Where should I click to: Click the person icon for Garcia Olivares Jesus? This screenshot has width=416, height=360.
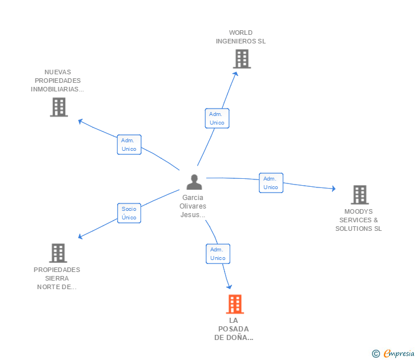pos(194,182)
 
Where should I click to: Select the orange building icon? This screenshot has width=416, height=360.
pos(235,304)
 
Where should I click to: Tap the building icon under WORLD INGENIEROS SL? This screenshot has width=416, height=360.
pos(242,59)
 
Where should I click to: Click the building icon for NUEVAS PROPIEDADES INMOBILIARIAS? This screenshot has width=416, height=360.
pos(59,107)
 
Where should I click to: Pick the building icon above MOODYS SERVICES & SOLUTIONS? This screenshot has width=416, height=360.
pos(360,195)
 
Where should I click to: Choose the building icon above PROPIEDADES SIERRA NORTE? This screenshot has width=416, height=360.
pos(58,253)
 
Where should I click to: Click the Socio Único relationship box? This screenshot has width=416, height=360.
pos(129,213)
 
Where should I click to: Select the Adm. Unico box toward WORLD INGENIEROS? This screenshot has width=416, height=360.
pos(217,118)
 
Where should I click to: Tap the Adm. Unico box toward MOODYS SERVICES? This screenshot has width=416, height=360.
pos(271,183)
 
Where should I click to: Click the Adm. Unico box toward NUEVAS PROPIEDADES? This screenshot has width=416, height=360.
pos(129,145)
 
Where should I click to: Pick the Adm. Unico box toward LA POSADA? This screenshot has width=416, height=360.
pos(218,254)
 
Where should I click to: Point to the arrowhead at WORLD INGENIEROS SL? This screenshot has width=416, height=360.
pos(235,74)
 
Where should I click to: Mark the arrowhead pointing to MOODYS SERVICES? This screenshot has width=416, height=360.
pos(334,189)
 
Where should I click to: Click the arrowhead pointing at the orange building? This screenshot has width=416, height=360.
pos(230,287)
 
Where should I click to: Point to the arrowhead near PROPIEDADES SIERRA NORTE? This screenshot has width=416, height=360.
pos(80,237)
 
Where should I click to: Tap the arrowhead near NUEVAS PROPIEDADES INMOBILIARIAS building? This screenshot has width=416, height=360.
pos(80,121)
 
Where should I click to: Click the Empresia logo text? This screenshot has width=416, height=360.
pos(399,353)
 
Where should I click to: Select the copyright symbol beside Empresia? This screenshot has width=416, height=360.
pos(376,354)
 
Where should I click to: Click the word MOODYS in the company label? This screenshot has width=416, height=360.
pos(358,211)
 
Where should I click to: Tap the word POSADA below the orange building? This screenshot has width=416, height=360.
pos(234,329)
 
